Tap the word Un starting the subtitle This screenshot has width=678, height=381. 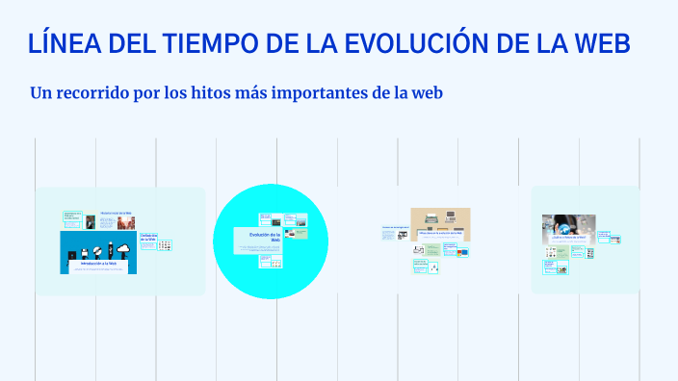41,94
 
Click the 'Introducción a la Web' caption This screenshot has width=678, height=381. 99,262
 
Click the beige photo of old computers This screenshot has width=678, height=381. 440,218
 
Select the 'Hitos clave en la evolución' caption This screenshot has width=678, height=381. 440,233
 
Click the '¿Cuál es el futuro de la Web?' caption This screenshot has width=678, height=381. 564,235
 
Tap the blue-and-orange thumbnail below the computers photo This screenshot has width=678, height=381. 462,252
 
